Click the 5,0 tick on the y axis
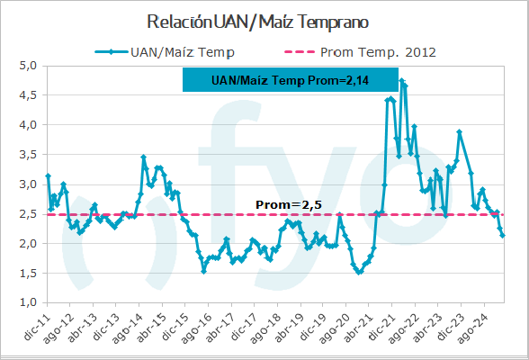(x=27, y=66)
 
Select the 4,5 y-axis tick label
(x=27, y=95)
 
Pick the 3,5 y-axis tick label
(x=27, y=155)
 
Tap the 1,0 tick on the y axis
(x=27, y=302)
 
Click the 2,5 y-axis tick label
(x=27, y=214)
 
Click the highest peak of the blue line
(x=401, y=80)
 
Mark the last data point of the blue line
(x=503, y=236)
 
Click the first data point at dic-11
(x=48, y=175)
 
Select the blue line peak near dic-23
(x=460, y=132)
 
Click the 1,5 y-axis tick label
(x=27, y=273)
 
